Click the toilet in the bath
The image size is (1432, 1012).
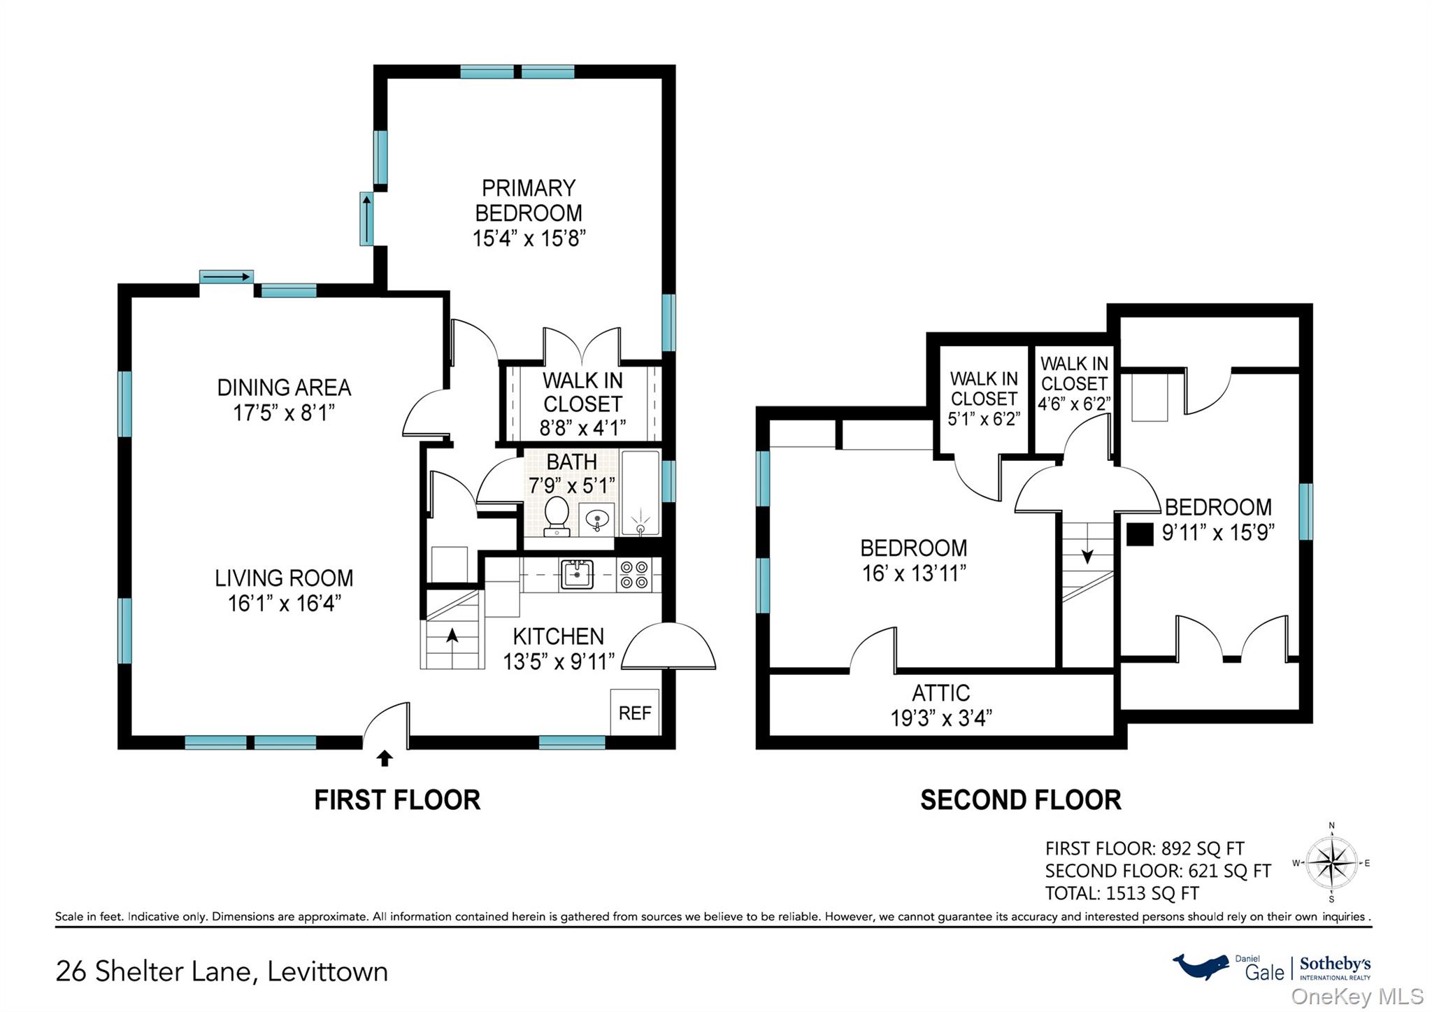557,515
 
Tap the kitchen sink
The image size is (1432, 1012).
577,575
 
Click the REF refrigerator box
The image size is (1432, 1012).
635,712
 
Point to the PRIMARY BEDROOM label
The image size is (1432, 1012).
529,201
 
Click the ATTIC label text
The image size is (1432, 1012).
941,693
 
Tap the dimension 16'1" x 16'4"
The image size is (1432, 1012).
285,603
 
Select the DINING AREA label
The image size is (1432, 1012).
284,387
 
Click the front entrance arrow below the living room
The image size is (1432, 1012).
385,758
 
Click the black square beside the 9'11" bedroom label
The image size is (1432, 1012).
1140,534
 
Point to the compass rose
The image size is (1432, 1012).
1332,863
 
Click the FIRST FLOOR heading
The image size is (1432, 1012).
397,800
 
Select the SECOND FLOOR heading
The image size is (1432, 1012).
1021,800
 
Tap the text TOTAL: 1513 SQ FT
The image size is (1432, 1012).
1122,893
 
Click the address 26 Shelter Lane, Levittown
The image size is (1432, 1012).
222,971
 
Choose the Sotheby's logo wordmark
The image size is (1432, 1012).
1335,964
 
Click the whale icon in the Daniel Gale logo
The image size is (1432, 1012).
1201,966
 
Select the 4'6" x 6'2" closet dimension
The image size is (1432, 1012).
1074,404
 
